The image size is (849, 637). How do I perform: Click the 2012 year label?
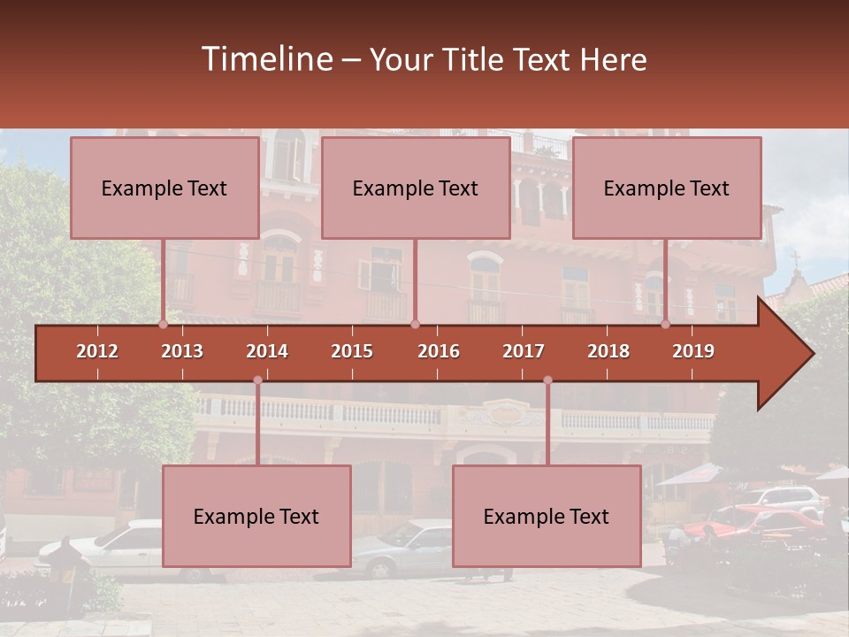click(97, 351)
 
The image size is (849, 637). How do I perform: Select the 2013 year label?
click(182, 351)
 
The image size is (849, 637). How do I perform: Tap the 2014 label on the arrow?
click(267, 351)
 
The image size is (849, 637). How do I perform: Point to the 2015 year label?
click(352, 351)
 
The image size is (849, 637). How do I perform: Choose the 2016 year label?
click(439, 351)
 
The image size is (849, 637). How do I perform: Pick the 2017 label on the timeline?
click(524, 351)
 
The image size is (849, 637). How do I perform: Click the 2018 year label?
click(608, 351)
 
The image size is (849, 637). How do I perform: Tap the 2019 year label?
click(693, 351)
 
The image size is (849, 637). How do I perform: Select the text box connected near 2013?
click(164, 188)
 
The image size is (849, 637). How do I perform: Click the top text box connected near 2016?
click(416, 188)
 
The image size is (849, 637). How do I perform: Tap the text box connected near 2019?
click(667, 188)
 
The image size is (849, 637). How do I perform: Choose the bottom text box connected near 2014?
click(256, 516)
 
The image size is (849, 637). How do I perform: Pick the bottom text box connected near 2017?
click(547, 516)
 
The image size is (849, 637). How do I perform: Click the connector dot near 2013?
click(163, 325)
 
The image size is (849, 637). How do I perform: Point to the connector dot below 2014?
click(257, 380)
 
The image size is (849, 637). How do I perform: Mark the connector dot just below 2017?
click(547, 380)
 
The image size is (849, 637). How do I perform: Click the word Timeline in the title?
click(266, 59)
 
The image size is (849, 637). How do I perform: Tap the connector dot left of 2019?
click(665, 325)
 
